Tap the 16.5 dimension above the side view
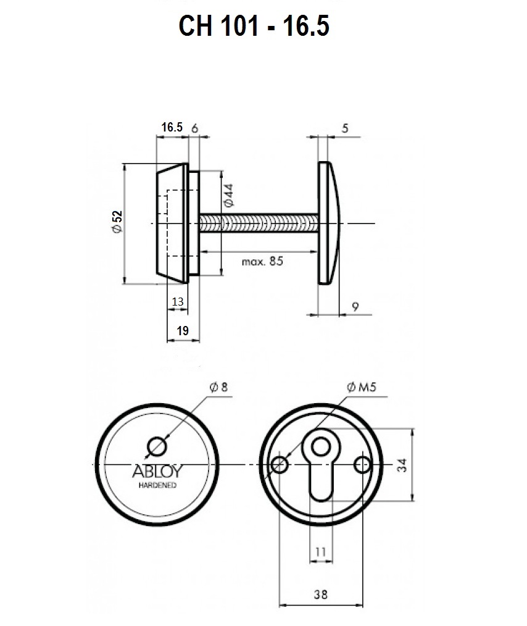[172, 127]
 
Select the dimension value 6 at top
[194, 128]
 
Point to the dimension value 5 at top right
[345, 128]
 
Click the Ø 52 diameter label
[117, 222]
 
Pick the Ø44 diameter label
[228, 195]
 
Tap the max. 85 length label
[262, 261]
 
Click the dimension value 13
[178, 301]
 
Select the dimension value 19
[182, 330]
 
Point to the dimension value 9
[355, 307]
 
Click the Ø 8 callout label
[218, 386]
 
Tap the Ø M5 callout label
[362, 386]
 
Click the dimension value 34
[402, 465]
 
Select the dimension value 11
[321, 552]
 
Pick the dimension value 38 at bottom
[321, 595]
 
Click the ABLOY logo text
[157, 472]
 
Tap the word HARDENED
[157, 485]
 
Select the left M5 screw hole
[280, 465]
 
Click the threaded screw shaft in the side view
[259, 223]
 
